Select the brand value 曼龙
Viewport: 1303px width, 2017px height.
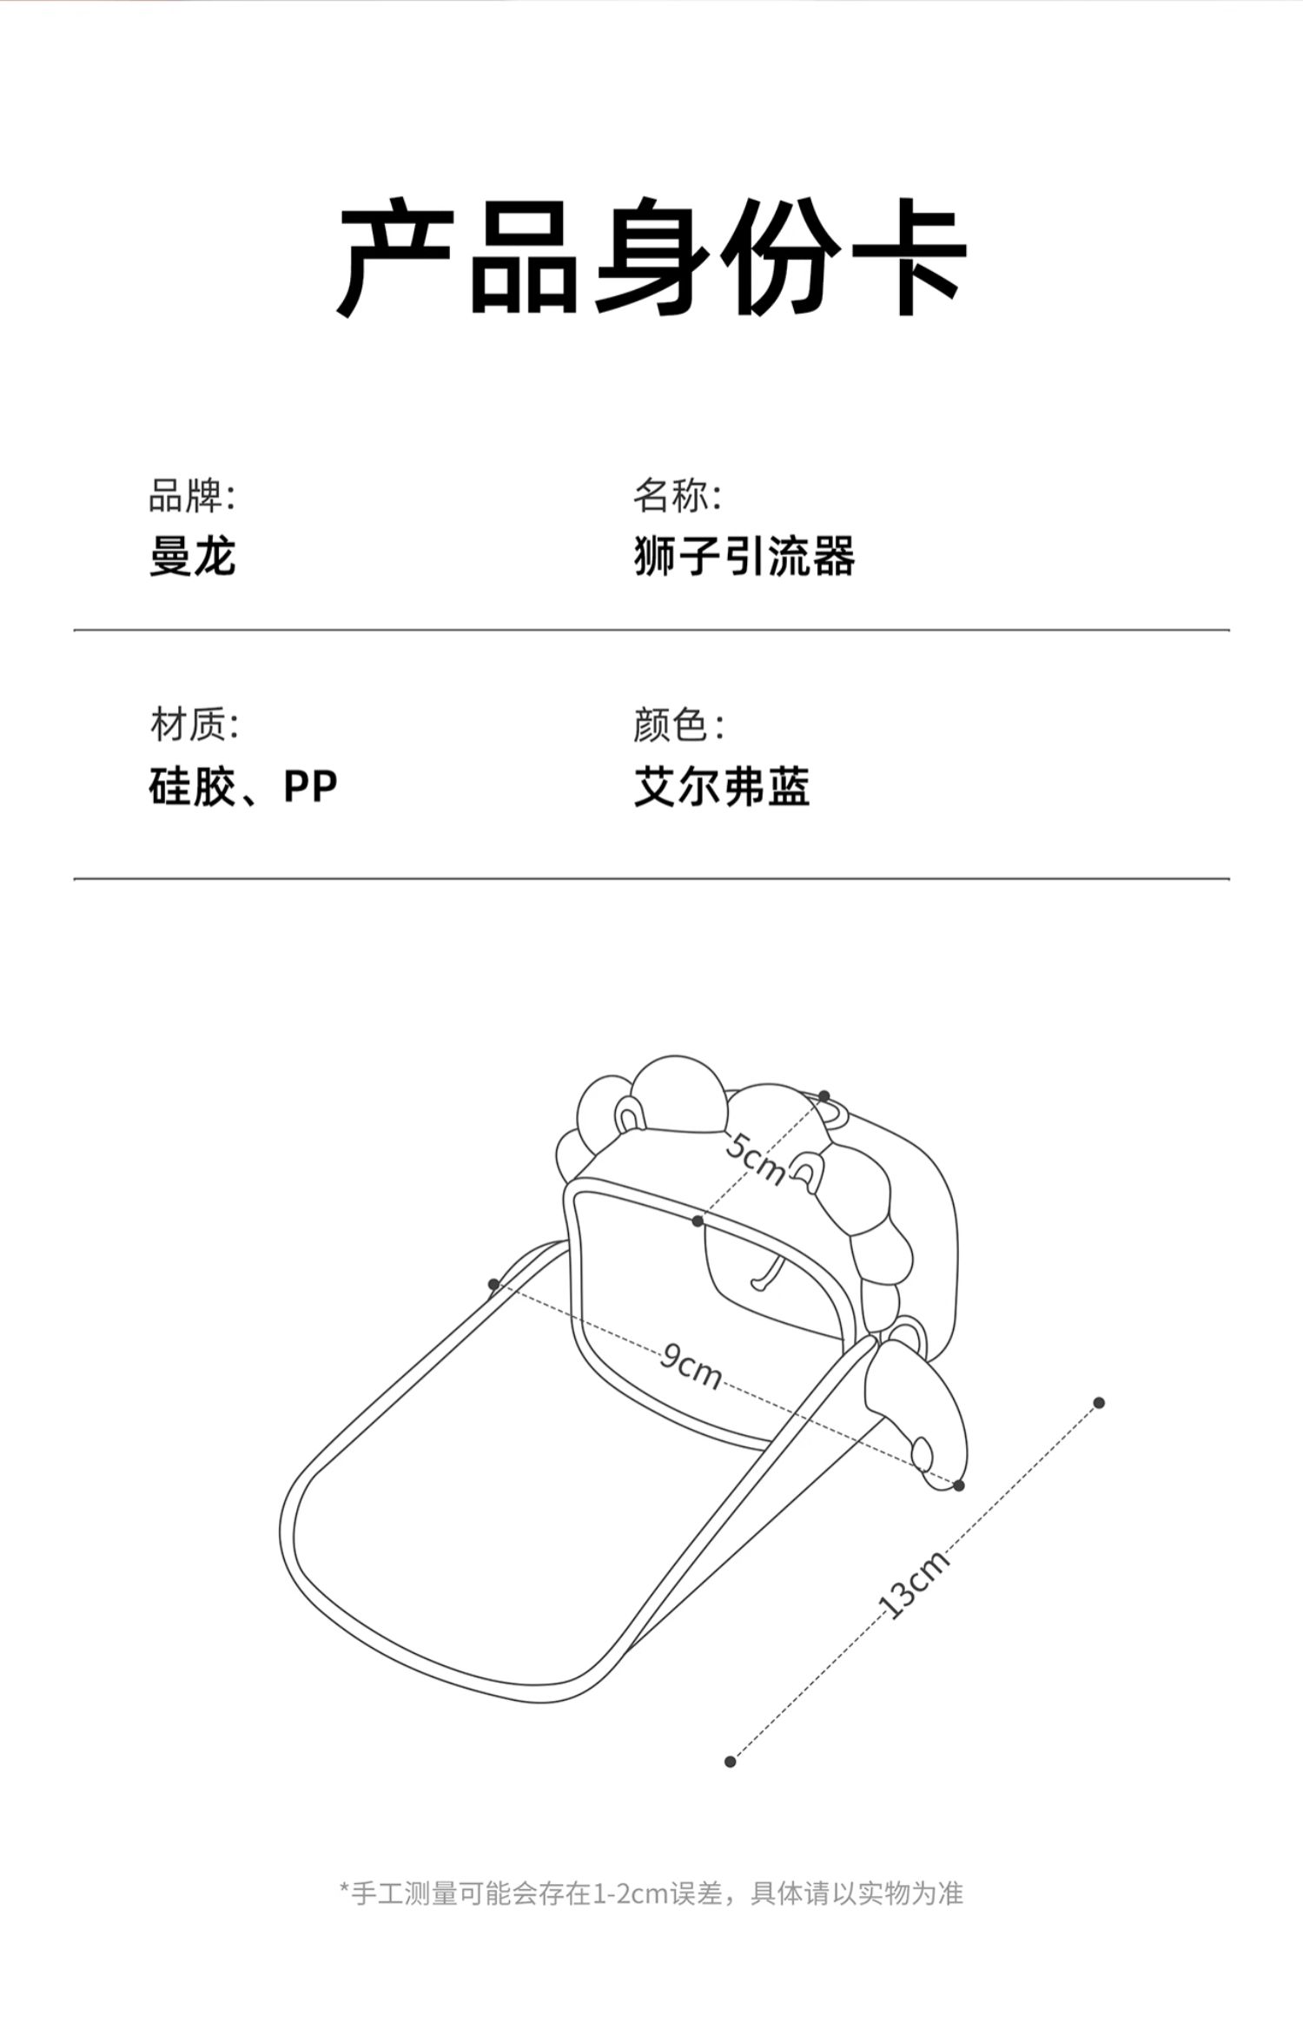192,556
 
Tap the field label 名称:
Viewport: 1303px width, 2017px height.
677,497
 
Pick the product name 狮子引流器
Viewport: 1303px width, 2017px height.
744,556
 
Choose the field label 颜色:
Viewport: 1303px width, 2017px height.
678,724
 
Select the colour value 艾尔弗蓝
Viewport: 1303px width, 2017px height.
722,787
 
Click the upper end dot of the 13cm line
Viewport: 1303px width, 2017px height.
1099,1403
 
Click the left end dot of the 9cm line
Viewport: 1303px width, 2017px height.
493,1285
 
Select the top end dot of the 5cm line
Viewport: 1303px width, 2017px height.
824,1096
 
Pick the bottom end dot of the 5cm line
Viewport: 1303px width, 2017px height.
698,1221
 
